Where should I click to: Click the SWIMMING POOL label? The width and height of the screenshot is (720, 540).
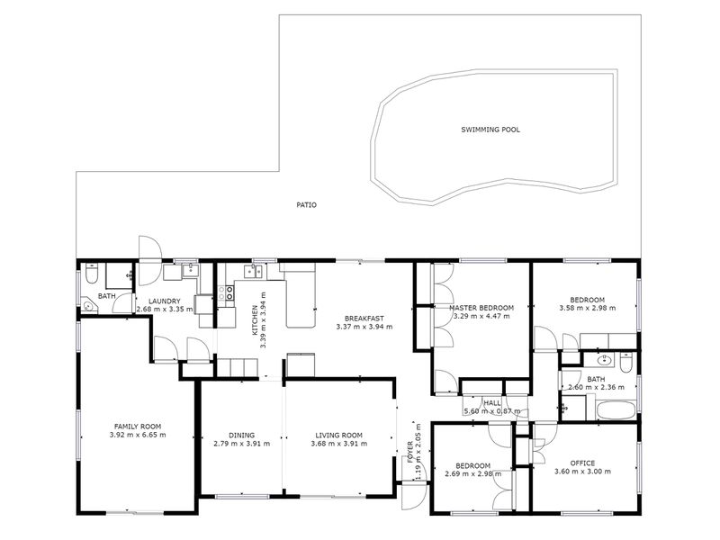(x=490, y=130)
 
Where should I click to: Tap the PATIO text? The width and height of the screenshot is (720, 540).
(x=306, y=205)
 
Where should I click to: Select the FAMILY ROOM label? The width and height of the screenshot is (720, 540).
(x=138, y=427)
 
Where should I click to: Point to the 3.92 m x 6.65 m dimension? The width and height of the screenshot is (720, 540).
(x=138, y=435)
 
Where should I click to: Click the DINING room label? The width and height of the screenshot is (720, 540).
(x=241, y=436)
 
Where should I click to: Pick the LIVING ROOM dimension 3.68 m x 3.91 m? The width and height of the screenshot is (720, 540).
(x=339, y=444)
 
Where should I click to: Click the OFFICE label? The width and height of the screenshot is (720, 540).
(x=582, y=463)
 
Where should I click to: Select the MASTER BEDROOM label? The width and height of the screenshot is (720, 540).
(x=481, y=308)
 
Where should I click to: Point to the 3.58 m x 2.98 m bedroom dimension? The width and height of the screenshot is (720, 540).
(x=588, y=308)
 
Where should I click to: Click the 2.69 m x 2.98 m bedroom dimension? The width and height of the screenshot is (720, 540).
(x=473, y=474)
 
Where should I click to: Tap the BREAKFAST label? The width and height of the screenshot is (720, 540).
(x=364, y=319)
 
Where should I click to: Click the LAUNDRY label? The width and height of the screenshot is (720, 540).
(x=165, y=301)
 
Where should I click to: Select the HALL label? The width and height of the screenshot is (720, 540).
(x=492, y=402)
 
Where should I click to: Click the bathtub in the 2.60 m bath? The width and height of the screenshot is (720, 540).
(x=616, y=409)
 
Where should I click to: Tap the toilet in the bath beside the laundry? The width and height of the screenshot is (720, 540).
(x=91, y=274)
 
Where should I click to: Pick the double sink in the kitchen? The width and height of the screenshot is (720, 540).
(x=253, y=272)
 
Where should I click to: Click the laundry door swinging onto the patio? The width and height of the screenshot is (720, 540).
(x=149, y=260)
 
